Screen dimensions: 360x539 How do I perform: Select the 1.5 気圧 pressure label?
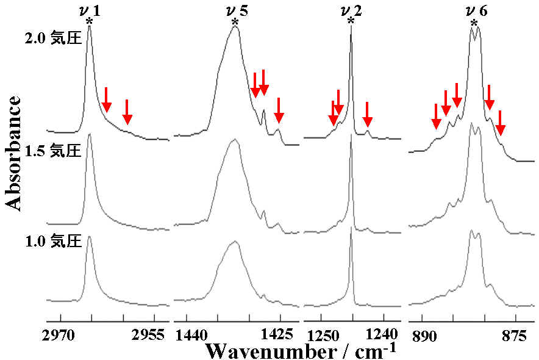[x=53, y=150]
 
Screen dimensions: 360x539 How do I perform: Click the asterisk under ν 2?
[x=351, y=23]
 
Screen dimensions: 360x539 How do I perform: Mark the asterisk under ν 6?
[x=474, y=24]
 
